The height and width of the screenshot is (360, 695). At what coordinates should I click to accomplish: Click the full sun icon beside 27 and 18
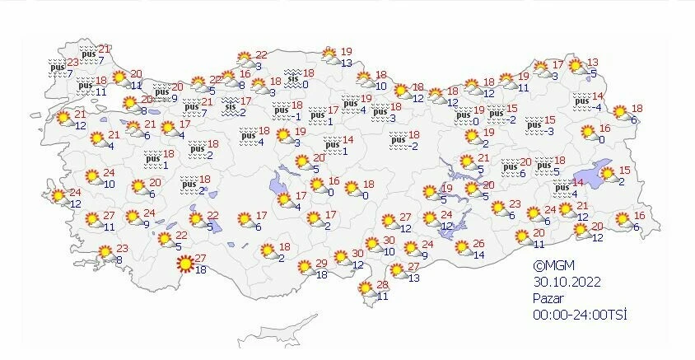click(186, 264)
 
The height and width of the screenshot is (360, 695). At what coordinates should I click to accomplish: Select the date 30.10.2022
click(567, 281)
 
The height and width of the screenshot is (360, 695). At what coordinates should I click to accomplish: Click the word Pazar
click(549, 296)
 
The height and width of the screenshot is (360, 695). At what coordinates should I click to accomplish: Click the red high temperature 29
click(322, 264)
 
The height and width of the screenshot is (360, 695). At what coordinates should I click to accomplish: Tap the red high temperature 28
click(381, 284)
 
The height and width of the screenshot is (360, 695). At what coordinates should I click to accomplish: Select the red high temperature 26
click(480, 245)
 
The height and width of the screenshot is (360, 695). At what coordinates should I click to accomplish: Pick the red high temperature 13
click(592, 63)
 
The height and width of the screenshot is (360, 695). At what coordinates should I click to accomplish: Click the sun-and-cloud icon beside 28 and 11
click(365, 288)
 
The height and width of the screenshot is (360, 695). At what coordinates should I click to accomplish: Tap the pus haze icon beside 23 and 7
click(56, 67)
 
